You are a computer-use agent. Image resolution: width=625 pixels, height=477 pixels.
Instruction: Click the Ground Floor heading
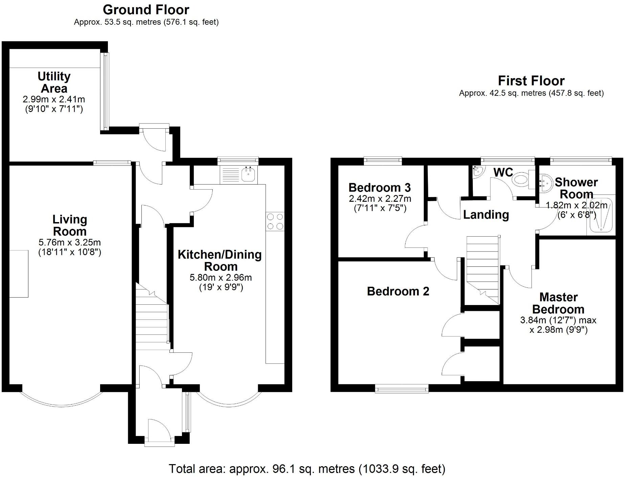[146, 10]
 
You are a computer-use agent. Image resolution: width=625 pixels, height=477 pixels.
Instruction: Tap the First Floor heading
[531, 81]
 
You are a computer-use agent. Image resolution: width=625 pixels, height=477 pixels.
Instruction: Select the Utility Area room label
[54, 82]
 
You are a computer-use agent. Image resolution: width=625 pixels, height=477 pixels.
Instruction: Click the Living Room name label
[70, 225]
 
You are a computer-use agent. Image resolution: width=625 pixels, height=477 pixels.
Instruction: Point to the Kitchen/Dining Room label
[220, 260]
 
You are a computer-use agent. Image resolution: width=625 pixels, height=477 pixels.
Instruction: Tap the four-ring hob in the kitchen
[275, 221]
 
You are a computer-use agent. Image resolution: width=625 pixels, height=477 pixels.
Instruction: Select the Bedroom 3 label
[379, 187]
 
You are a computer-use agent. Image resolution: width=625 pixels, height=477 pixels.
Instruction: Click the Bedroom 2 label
[398, 291]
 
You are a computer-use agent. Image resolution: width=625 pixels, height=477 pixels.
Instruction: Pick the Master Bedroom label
[558, 303]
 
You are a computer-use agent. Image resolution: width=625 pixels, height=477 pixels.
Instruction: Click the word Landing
[486, 215]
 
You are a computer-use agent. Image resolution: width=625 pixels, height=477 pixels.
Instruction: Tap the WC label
[503, 172]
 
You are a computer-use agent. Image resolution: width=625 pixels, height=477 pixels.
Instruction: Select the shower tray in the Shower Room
[601, 215]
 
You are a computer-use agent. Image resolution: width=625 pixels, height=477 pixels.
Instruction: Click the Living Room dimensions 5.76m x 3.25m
[70, 242]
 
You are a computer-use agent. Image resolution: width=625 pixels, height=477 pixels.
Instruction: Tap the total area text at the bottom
[307, 469]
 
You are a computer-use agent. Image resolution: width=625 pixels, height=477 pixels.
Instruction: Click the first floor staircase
[483, 267]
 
